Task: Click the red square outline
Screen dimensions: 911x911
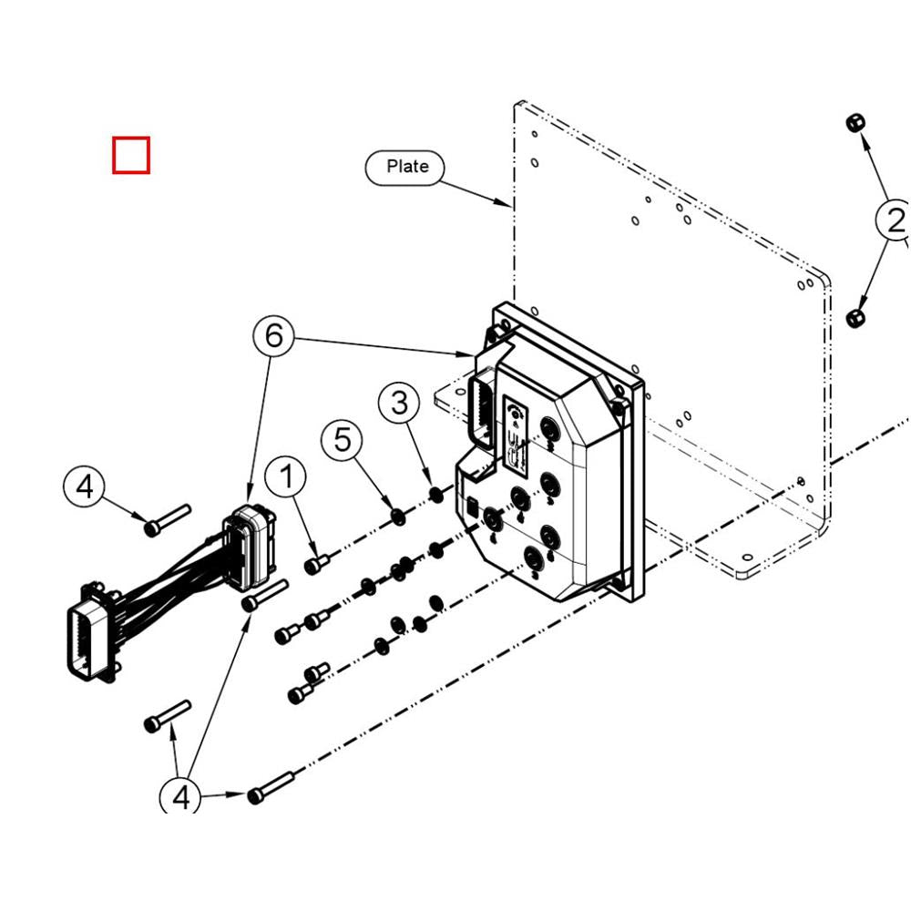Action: (x=131, y=155)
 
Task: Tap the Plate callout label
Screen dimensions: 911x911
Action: (x=407, y=167)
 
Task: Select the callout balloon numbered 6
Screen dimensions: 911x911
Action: (x=274, y=336)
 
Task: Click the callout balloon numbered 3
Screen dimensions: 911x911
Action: (x=400, y=403)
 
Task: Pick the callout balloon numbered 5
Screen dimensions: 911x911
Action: (x=342, y=440)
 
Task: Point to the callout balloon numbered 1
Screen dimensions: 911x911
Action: (x=287, y=476)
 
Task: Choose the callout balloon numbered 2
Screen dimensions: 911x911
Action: (x=894, y=220)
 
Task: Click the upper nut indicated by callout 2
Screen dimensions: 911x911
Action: (x=855, y=123)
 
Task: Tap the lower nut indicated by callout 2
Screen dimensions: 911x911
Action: (x=855, y=318)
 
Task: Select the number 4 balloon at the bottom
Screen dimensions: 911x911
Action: (x=180, y=798)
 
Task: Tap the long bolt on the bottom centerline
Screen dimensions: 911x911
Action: (x=271, y=787)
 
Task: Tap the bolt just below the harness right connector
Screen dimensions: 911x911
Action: (x=264, y=594)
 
